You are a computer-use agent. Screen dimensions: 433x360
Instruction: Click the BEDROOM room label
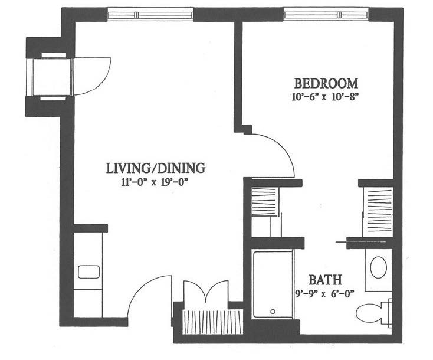click(x=326, y=83)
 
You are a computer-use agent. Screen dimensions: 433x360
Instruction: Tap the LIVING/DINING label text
click(x=156, y=168)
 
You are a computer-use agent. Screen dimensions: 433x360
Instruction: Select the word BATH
click(x=325, y=280)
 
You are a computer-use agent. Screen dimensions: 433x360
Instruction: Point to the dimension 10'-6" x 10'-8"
click(x=325, y=97)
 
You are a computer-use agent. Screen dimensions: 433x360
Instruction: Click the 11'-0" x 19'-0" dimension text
click(x=155, y=182)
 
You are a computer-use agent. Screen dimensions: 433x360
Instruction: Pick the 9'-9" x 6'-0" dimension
click(x=324, y=294)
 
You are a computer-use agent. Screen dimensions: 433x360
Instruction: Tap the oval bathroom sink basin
click(x=378, y=267)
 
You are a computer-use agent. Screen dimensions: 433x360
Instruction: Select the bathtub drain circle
click(x=273, y=312)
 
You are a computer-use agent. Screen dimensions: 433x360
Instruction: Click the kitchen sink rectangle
click(x=88, y=272)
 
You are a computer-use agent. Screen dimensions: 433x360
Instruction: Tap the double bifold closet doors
click(x=206, y=292)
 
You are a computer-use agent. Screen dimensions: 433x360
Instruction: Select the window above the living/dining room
click(x=150, y=14)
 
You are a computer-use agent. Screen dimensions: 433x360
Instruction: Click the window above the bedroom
click(x=326, y=14)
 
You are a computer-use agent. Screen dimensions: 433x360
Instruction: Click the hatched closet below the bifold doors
click(x=212, y=322)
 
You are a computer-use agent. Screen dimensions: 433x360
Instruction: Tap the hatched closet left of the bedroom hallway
click(x=264, y=202)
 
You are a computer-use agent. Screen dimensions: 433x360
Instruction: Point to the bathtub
click(x=273, y=284)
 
